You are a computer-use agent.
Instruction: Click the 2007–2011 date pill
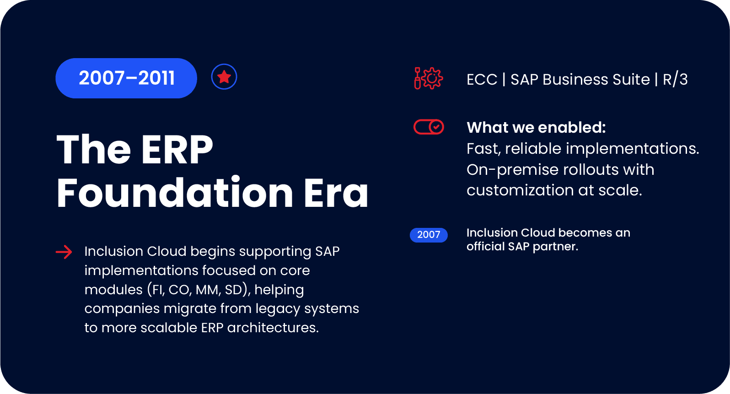coord(126,78)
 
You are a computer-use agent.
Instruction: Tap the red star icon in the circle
coord(224,77)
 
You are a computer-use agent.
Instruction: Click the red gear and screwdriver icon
coord(429,78)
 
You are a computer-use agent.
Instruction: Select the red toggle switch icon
coord(429,127)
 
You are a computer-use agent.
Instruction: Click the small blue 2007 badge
coord(429,235)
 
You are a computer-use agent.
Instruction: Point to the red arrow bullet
coord(64,252)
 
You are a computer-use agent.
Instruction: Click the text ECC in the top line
coord(482,80)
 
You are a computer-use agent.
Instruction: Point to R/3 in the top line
coord(675,80)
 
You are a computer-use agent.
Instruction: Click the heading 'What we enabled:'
coord(536,127)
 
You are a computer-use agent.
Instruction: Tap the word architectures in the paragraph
coord(273,328)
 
